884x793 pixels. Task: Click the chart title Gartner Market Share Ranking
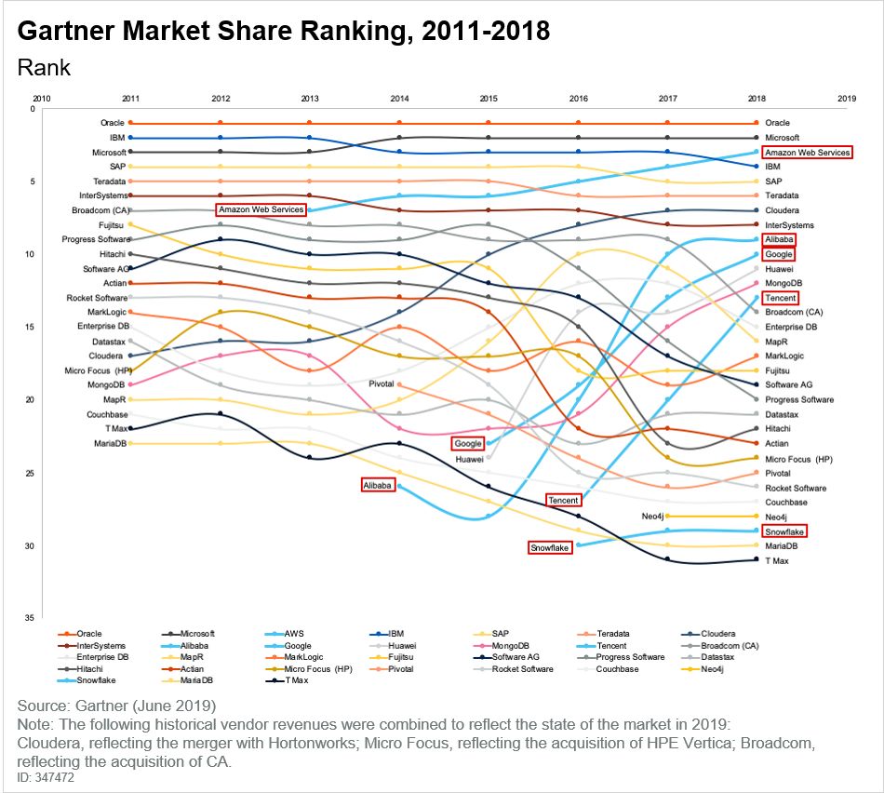(284, 32)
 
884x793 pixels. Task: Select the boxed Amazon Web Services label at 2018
(807, 152)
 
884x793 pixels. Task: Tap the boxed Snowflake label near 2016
(550, 547)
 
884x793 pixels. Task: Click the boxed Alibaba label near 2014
(378, 485)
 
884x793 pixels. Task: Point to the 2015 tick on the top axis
(489, 98)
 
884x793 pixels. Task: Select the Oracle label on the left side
(113, 123)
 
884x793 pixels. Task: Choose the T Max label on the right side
(776, 560)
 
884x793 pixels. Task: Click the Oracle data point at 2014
(399, 123)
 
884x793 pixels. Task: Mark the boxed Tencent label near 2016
(563, 500)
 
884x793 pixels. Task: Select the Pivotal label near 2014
(382, 383)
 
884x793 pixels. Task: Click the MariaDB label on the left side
(109, 443)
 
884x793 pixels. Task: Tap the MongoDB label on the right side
(784, 283)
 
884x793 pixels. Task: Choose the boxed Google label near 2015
(468, 443)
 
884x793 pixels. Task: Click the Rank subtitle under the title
(45, 68)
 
